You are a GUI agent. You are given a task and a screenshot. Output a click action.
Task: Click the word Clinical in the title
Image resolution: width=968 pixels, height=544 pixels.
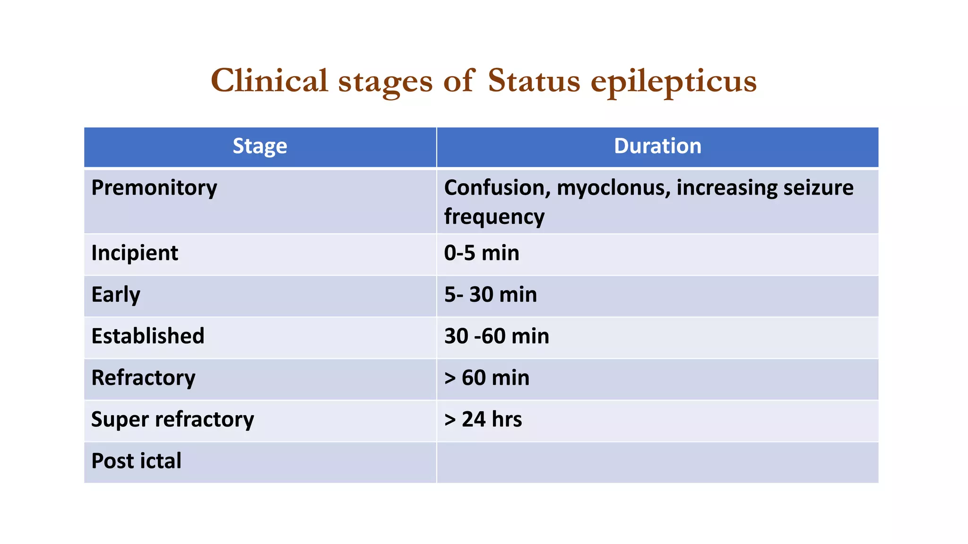(x=269, y=80)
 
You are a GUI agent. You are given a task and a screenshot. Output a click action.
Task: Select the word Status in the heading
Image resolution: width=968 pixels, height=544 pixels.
(x=534, y=80)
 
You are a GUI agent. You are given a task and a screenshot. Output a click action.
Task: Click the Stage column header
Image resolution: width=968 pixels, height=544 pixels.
(x=260, y=146)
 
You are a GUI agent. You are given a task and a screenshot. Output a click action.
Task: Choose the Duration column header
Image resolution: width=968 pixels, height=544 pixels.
(x=657, y=146)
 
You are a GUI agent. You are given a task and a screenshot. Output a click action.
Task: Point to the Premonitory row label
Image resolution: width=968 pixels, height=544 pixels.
(x=154, y=188)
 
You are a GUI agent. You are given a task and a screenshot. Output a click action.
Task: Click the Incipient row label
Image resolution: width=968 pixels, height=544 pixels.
(x=135, y=253)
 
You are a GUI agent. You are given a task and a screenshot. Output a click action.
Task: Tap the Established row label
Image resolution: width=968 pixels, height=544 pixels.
(x=148, y=336)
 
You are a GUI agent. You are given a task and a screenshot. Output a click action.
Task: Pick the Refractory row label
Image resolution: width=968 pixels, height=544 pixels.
(x=143, y=378)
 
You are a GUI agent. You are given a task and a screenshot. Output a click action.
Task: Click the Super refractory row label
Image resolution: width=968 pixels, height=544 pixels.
(x=173, y=419)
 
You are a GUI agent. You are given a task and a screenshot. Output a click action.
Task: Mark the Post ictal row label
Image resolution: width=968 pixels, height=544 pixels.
(x=136, y=461)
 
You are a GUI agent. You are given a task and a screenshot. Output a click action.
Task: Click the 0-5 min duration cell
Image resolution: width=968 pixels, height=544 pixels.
(x=482, y=253)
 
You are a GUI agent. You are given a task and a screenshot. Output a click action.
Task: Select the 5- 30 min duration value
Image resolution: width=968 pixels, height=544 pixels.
(x=491, y=295)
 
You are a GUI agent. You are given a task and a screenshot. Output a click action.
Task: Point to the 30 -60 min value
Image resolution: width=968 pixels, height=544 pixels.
(x=497, y=336)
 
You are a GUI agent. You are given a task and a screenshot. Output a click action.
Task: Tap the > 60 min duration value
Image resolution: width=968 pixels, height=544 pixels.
(x=487, y=378)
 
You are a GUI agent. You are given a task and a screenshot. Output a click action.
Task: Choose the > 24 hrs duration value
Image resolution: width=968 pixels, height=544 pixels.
(x=483, y=419)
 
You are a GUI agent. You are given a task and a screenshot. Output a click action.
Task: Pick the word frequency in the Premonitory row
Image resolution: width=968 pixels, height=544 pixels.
(x=494, y=217)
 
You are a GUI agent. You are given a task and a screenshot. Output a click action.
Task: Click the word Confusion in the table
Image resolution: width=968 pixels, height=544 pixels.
(x=497, y=188)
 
